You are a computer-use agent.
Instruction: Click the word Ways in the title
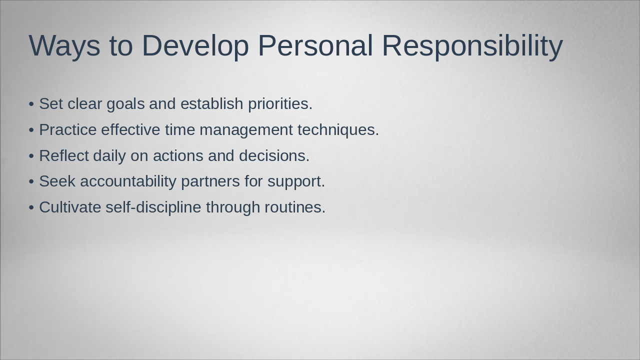pos(64,45)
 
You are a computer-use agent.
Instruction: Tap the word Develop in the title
pos(195,45)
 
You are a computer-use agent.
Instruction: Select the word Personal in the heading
pos(315,45)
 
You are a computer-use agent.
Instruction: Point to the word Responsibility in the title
pos(472,45)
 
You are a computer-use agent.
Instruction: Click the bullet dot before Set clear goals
pos(31,104)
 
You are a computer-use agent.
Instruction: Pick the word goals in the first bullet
pos(125,103)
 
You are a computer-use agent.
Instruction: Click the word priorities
pos(280,103)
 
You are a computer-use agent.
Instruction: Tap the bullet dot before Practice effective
pos(31,130)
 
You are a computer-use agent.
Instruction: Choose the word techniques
pos(338,130)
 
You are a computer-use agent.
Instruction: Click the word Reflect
pos(64,155)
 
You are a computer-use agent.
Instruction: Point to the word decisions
pos(274,155)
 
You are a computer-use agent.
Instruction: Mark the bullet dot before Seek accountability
pos(31,182)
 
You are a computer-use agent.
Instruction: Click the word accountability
pos(128,181)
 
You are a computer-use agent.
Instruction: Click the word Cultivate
pos(70,207)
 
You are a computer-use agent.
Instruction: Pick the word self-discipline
pos(153,207)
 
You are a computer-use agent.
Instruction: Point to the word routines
pos(295,207)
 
